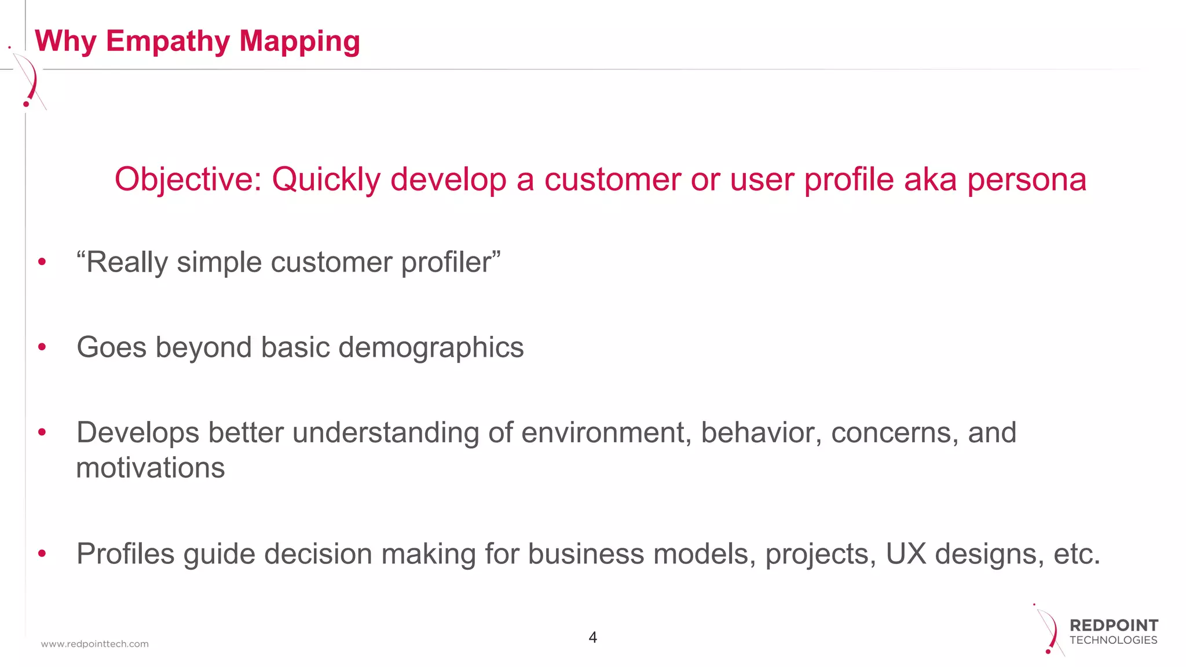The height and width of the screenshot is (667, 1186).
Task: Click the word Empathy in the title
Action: point(167,42)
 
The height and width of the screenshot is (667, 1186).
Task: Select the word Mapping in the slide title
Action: point(299,42)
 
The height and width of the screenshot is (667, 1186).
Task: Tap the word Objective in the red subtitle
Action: point(188,179)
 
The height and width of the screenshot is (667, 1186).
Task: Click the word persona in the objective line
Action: point(1026,179)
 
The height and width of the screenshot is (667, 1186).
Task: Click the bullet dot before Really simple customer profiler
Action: point(42,262)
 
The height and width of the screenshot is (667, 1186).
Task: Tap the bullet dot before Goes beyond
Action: point(42,347)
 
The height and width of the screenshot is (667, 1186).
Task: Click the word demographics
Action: point(431,347)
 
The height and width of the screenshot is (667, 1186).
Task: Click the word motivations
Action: point(151,468)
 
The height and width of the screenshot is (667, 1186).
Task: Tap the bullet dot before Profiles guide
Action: point(42,554)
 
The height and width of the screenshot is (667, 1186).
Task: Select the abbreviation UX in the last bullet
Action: point(906,554)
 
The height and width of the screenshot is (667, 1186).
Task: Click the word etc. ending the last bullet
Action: point(1077,554)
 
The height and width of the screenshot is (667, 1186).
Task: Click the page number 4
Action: point(592,637)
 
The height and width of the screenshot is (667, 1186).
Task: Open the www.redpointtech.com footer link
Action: point(94,644)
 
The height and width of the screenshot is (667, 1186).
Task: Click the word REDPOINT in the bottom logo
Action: point(1114,625)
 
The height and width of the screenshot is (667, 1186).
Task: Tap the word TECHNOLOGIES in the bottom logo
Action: point(1113,640)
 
